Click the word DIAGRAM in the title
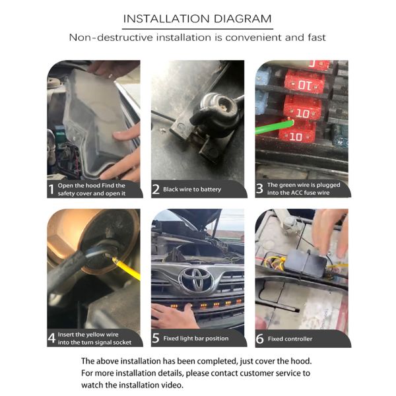click(242, 18)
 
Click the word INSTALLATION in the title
click(166, 18)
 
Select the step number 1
click(51, 189)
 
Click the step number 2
click(156, 189)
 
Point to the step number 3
click(259, 188)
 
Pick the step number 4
click(51, 338)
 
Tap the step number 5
click(156, 338)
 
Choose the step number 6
click(259, 339)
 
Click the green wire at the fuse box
click(275, 127)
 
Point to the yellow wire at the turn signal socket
click(126, 268)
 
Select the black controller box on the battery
click(305, 263)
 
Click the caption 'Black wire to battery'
click(192, 189)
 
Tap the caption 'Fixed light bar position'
click(196, 339)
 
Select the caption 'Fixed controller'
click(290, 339)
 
